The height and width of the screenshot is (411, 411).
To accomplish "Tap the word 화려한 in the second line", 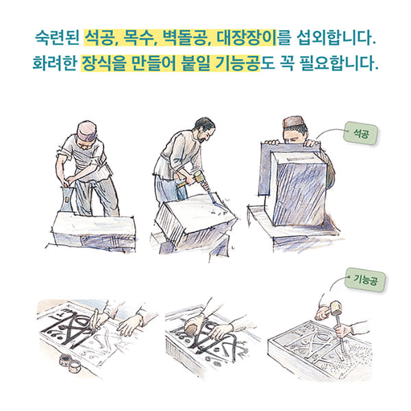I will [x=54, y=65].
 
